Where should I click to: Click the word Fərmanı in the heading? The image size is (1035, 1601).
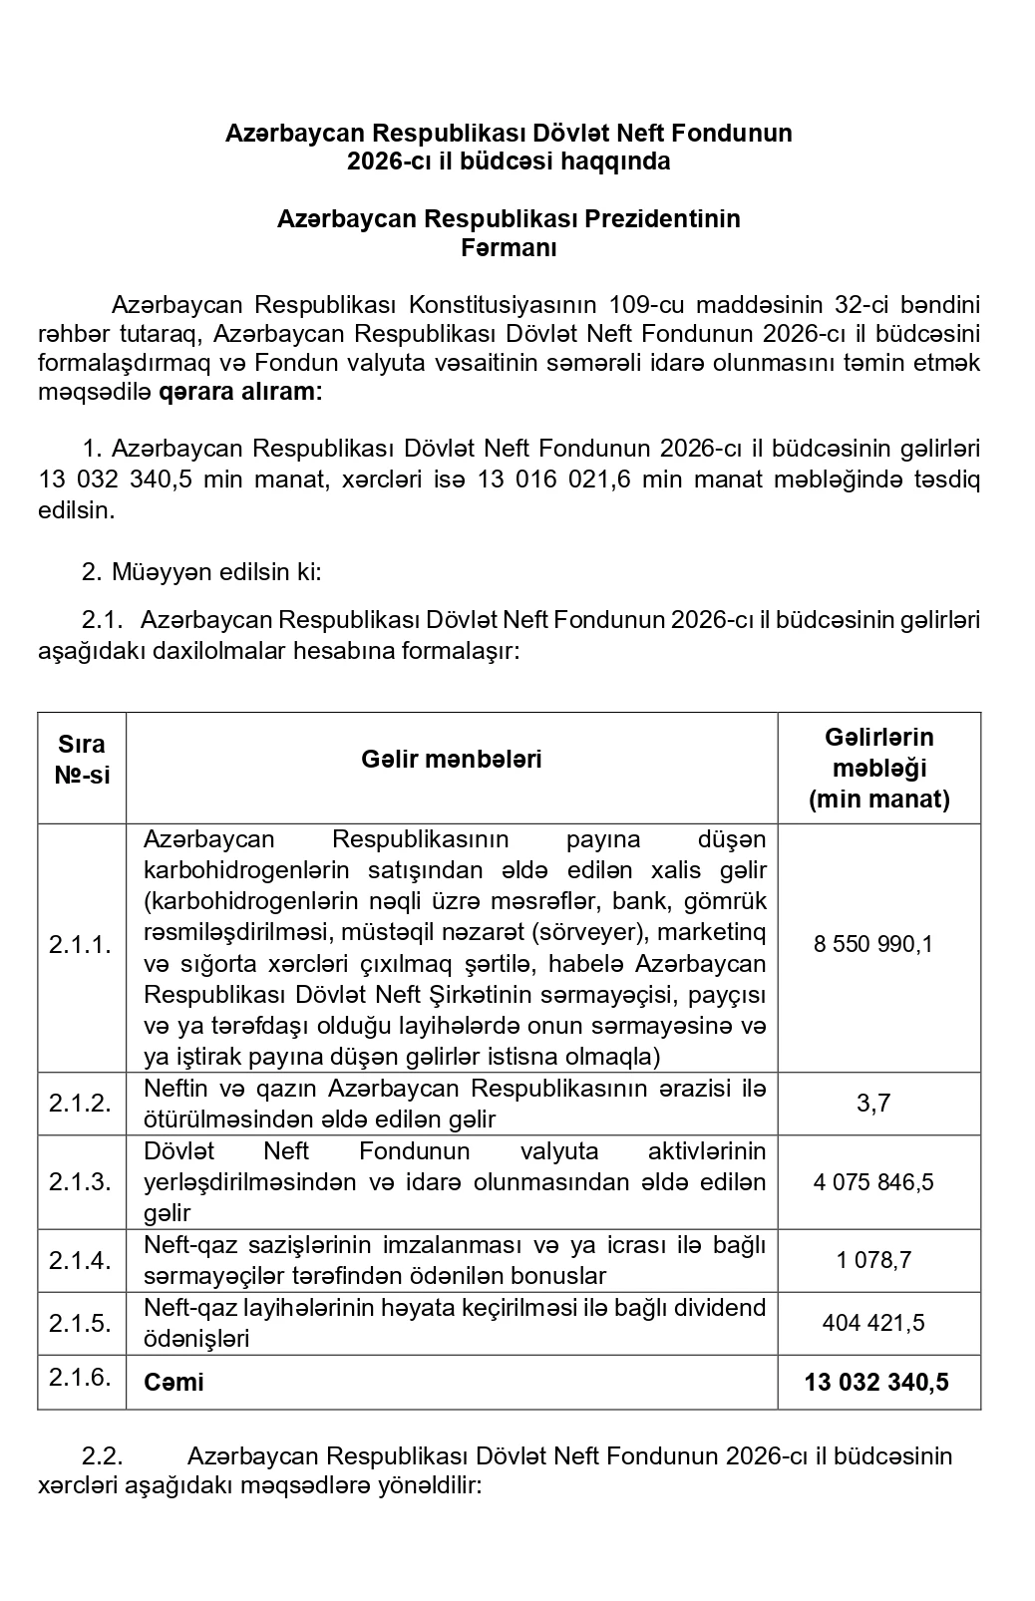pos(509,248)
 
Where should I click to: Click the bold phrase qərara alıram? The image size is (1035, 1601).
pos(240,392)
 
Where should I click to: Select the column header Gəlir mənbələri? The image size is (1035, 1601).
pos(452,760)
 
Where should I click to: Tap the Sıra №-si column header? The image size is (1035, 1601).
pos(82,760)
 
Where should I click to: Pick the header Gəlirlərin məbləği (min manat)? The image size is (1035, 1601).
pos(878,768)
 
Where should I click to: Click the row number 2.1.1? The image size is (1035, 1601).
pos(81,945)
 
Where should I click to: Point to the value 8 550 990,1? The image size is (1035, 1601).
pos(873,944)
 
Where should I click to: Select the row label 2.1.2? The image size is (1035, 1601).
pos(81,1103)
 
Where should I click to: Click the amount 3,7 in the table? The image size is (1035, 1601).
pos(873,1103)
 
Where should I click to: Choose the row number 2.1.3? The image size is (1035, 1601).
pos(81,1181)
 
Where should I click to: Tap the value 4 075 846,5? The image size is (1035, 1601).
pos(873,1182)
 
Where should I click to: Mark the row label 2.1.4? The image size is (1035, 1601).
pos(81,1260)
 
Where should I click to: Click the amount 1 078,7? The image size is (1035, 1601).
pos(873,1260)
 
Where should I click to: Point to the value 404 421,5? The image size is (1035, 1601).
pos(873,1323)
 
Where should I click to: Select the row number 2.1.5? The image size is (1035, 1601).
pos(81,1323)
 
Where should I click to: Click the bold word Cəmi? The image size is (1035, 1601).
pos(173,1382)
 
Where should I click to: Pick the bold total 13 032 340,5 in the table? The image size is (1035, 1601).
pos(876,1382)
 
